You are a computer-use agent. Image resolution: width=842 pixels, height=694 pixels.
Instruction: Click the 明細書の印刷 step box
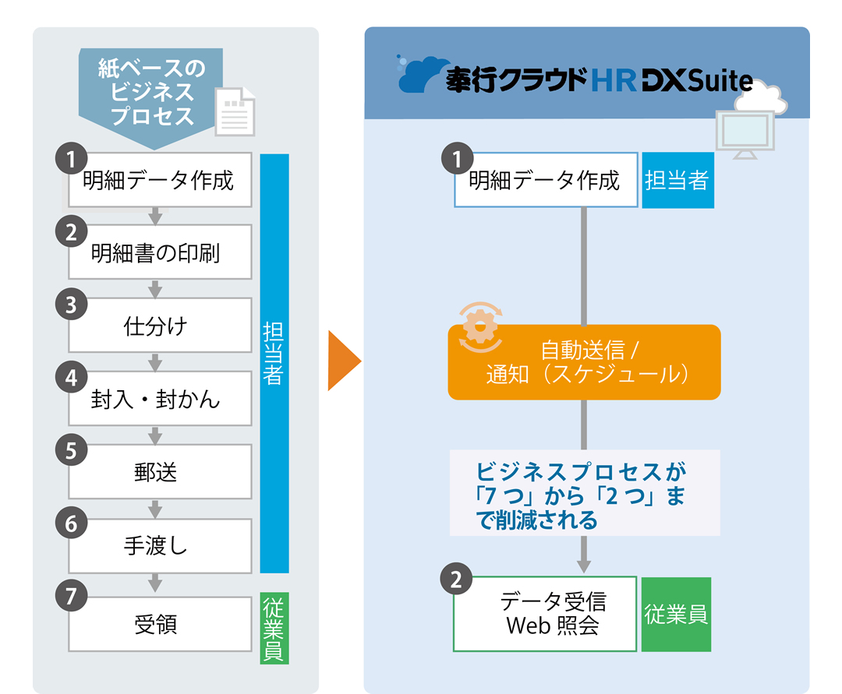click(x=160, y=252)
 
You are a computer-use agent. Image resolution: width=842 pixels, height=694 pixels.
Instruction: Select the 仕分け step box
click(x=160, y=326)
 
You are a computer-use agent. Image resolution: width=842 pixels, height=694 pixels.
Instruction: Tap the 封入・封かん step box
click(x=160, y=399)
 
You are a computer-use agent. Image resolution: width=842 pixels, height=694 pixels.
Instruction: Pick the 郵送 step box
click(x=160, y=472)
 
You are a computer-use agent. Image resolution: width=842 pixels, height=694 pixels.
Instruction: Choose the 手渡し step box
click(x=160, y=545)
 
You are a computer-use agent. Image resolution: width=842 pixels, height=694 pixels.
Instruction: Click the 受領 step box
click(x=160, y=624)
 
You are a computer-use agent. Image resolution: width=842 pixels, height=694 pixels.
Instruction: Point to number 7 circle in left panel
click(x=71, y=596)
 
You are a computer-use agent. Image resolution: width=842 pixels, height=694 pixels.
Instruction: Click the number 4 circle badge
click(x=71, y=378)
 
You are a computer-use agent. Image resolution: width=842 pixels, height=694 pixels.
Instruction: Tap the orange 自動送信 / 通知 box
click(x=584, y=362)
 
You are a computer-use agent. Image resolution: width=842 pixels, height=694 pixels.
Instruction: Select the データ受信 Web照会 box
click(x=545, y=614)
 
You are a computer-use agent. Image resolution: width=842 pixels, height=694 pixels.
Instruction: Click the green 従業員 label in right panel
click(x=676, y=614)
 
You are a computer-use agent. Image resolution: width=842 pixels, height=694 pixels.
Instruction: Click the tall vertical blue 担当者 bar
click(x=274, y=363)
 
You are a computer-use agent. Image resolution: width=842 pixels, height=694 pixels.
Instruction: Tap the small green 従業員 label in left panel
click(x=274, y=629)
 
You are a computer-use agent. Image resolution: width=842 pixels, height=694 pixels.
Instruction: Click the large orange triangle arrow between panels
click(x=342, y=361)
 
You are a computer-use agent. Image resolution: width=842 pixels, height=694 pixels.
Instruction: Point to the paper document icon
click(x=235, y=111)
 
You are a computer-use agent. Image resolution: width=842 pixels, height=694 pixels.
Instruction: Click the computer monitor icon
click(x=745, y=133)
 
